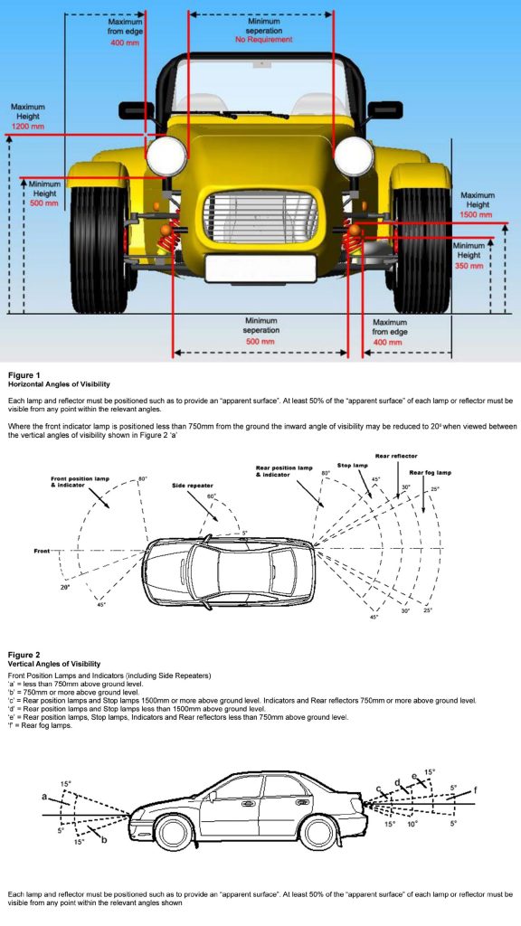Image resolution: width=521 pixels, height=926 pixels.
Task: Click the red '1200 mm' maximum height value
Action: coord(28,127)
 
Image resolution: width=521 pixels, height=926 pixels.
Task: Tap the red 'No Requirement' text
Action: coord(264,40)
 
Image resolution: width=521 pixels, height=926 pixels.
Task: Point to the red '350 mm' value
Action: coord(469,267)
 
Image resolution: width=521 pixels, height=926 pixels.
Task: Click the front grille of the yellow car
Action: coord(261,216)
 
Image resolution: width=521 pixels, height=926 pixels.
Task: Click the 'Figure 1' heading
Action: coord(24,375)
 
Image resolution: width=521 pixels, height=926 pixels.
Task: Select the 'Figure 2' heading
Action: coord(24,655)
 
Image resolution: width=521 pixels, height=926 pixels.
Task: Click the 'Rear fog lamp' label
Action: coord(431,472)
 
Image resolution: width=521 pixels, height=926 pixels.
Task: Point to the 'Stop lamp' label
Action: coord(352,466)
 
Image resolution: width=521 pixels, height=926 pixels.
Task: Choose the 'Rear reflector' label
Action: coord(396,456)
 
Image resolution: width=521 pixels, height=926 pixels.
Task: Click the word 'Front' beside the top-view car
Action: coord(42,551)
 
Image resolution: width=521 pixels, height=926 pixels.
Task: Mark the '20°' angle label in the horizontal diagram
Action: coord(64,588)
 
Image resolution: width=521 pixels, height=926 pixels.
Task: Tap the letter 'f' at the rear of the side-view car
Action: coord(475,790)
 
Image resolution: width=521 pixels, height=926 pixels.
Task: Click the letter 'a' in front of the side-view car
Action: coord(43,796)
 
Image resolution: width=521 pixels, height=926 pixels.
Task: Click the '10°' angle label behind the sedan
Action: coord(412,823)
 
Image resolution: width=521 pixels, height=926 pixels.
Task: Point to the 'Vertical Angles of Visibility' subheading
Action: coord(53,664)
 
